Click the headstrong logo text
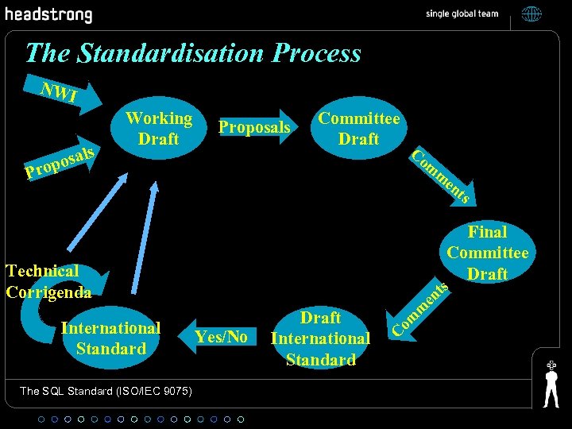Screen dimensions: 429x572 48,14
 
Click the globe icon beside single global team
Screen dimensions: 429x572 531,14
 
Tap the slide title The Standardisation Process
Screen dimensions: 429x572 193,53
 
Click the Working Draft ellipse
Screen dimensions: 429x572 159,129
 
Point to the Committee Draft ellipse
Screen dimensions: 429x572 358,129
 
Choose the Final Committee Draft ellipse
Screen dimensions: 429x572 487,253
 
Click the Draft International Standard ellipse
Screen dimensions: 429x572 320,338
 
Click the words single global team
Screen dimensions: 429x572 462,14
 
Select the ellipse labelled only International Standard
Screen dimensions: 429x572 111,338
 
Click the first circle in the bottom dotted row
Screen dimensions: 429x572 42,419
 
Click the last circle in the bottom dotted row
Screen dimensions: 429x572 241,419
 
